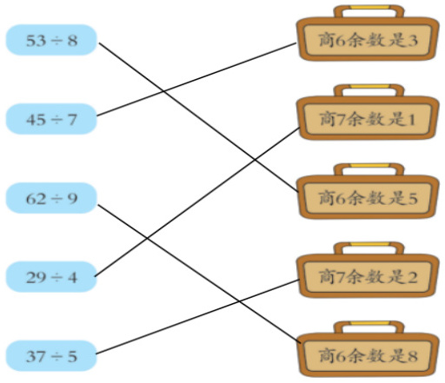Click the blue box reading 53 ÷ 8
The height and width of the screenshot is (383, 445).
coord(51,40)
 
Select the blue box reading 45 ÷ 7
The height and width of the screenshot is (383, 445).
coord(51,119)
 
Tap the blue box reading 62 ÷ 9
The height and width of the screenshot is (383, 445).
coord(51,198)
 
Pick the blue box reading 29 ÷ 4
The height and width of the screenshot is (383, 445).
coord(51,277)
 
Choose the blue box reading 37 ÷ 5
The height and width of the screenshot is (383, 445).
coord(51,356)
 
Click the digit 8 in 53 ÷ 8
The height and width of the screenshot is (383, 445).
coord(72,40)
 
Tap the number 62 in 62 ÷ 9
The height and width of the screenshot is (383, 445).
coord(36,199)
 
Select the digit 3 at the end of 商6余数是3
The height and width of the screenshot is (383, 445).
coord(412,41)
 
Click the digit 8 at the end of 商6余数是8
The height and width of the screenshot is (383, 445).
coord(412,356)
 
